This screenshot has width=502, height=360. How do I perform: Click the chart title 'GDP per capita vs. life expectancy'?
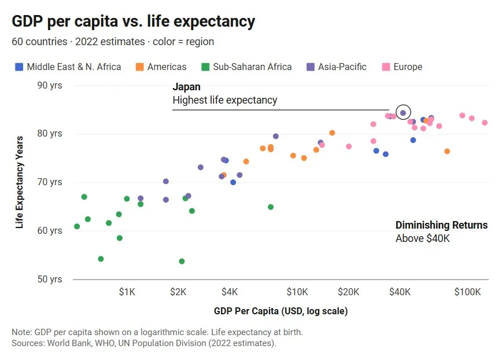(x=133, y=22)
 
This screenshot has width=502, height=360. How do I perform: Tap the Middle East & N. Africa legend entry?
(x=68, y=67)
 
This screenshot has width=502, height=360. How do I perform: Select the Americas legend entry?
(x=161, y=67)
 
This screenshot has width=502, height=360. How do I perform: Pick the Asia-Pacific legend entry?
(x=335, y=67)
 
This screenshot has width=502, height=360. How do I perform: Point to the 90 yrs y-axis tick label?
(x=50, y=85)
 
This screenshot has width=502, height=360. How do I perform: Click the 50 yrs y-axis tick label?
(x=50, y=279)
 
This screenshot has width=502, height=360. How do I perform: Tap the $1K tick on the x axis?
(x=127, y=292)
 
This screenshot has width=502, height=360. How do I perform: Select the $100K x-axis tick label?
(x=467, y=292)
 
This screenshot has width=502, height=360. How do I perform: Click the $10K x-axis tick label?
(x=297, y=292)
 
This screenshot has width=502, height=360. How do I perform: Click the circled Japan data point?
(x=403, y=113)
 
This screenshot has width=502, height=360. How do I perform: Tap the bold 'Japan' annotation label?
(x=186, y=87)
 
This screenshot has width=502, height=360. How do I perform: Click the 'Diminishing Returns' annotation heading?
(x=441, y=225)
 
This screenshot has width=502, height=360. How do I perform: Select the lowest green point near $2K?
(x=182, y=261)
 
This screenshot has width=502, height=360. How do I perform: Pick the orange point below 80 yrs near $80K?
(x=447, y=151)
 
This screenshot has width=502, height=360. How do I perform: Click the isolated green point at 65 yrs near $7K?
(x=271, y=207)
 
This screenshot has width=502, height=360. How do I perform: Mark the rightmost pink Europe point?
(x=485, y=123)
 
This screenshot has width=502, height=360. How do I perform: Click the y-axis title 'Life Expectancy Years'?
(x=20, y=182)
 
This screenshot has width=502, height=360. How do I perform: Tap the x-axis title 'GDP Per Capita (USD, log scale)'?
(x=280, y=311)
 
